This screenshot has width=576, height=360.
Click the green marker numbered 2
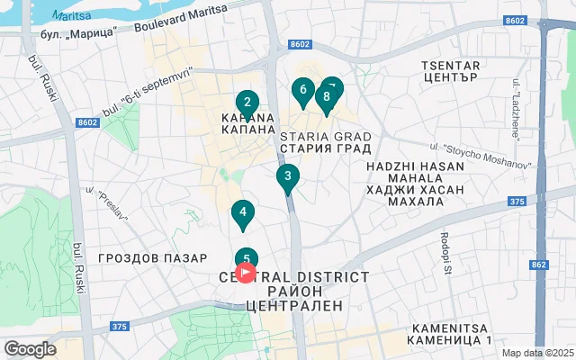(247, 103)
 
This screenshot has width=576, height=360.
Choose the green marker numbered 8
(326, 97)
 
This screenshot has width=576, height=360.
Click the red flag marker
(246, 272)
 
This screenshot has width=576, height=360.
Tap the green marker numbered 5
(247, 257)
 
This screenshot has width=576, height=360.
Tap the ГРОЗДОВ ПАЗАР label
(153, 258)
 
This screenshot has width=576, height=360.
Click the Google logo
(30, 349)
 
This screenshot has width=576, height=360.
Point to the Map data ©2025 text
(537, 353)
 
